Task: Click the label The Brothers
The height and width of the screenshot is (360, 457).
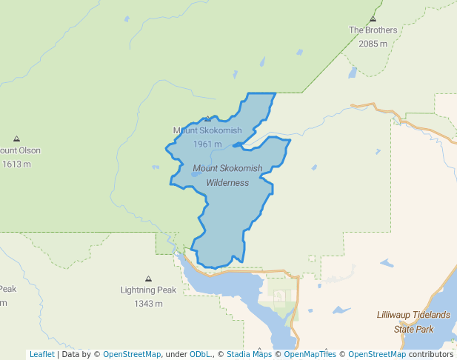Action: (x=373, y=30)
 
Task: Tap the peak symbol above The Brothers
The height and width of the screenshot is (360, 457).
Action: (x=373, y=19)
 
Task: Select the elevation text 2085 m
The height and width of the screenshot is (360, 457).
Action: (x=373, y=44)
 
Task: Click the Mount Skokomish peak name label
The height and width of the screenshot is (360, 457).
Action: (x=207, y=130)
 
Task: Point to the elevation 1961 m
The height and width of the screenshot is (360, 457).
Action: (x=207, y=144)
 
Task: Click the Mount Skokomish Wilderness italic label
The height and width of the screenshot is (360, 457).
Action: (x=227, y=176)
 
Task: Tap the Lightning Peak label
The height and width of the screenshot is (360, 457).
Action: (x=148, y=290)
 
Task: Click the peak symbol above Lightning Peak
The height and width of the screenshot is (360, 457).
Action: (x=148, y=279)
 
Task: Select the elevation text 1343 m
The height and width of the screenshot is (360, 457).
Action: (x=148, y=304)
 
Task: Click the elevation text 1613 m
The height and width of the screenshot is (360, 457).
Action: (x=16, y=164)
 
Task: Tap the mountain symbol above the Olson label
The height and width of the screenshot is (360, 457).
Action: (x=16, y=139)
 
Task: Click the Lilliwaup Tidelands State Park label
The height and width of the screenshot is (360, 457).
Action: (x=413, y=321)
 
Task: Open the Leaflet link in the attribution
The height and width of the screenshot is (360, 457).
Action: (x=41, y=354)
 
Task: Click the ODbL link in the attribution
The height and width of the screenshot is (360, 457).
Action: (x=201, y=354)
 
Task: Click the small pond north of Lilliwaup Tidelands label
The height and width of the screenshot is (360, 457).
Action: (x=387, y=263)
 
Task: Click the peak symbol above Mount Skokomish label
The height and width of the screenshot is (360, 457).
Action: (x=207, y=119)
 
